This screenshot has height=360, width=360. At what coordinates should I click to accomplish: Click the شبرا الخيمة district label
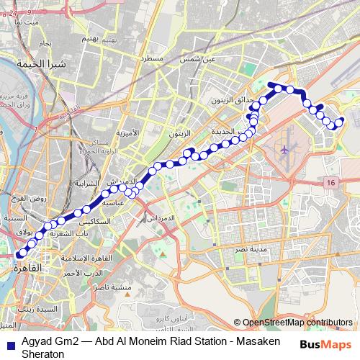(x=48, y=66)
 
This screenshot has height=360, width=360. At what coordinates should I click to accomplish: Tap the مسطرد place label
(x=155, y=57)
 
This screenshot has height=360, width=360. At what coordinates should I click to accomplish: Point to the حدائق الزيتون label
(x=223, y=101)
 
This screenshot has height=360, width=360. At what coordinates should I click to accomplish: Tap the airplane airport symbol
(x=285, y=150)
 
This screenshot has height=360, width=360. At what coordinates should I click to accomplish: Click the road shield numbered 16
(x=330, y=184)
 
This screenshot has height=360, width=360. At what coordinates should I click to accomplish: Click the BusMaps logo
(x=327, y=344)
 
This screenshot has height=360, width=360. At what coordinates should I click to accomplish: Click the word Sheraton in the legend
(x=23, y=354)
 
